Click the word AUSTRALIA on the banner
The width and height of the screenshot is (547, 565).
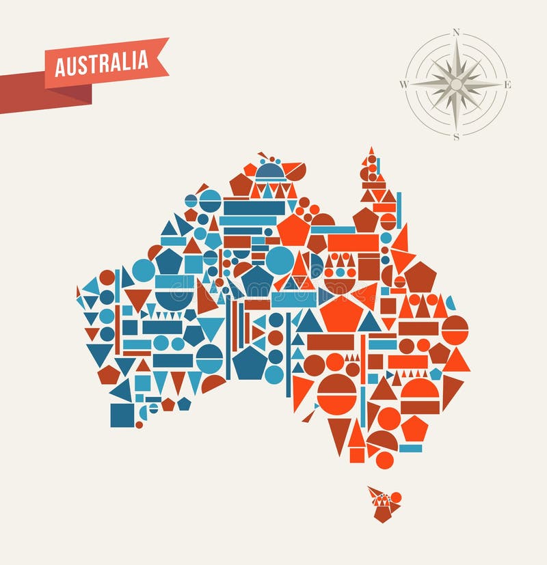(101, 63)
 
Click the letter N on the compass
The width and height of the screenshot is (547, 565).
(455, 32)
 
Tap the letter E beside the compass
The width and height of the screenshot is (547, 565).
(507, 85)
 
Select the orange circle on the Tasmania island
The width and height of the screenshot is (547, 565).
(396, 497)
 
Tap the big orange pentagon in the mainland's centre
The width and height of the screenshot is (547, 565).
(341, 314)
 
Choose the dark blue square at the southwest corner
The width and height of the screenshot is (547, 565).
(122, 415)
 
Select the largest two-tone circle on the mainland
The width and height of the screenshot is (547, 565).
(336, 394)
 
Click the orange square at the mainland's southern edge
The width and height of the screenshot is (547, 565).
(357, 454)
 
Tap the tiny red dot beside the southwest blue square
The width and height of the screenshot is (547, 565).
(139, 424)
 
